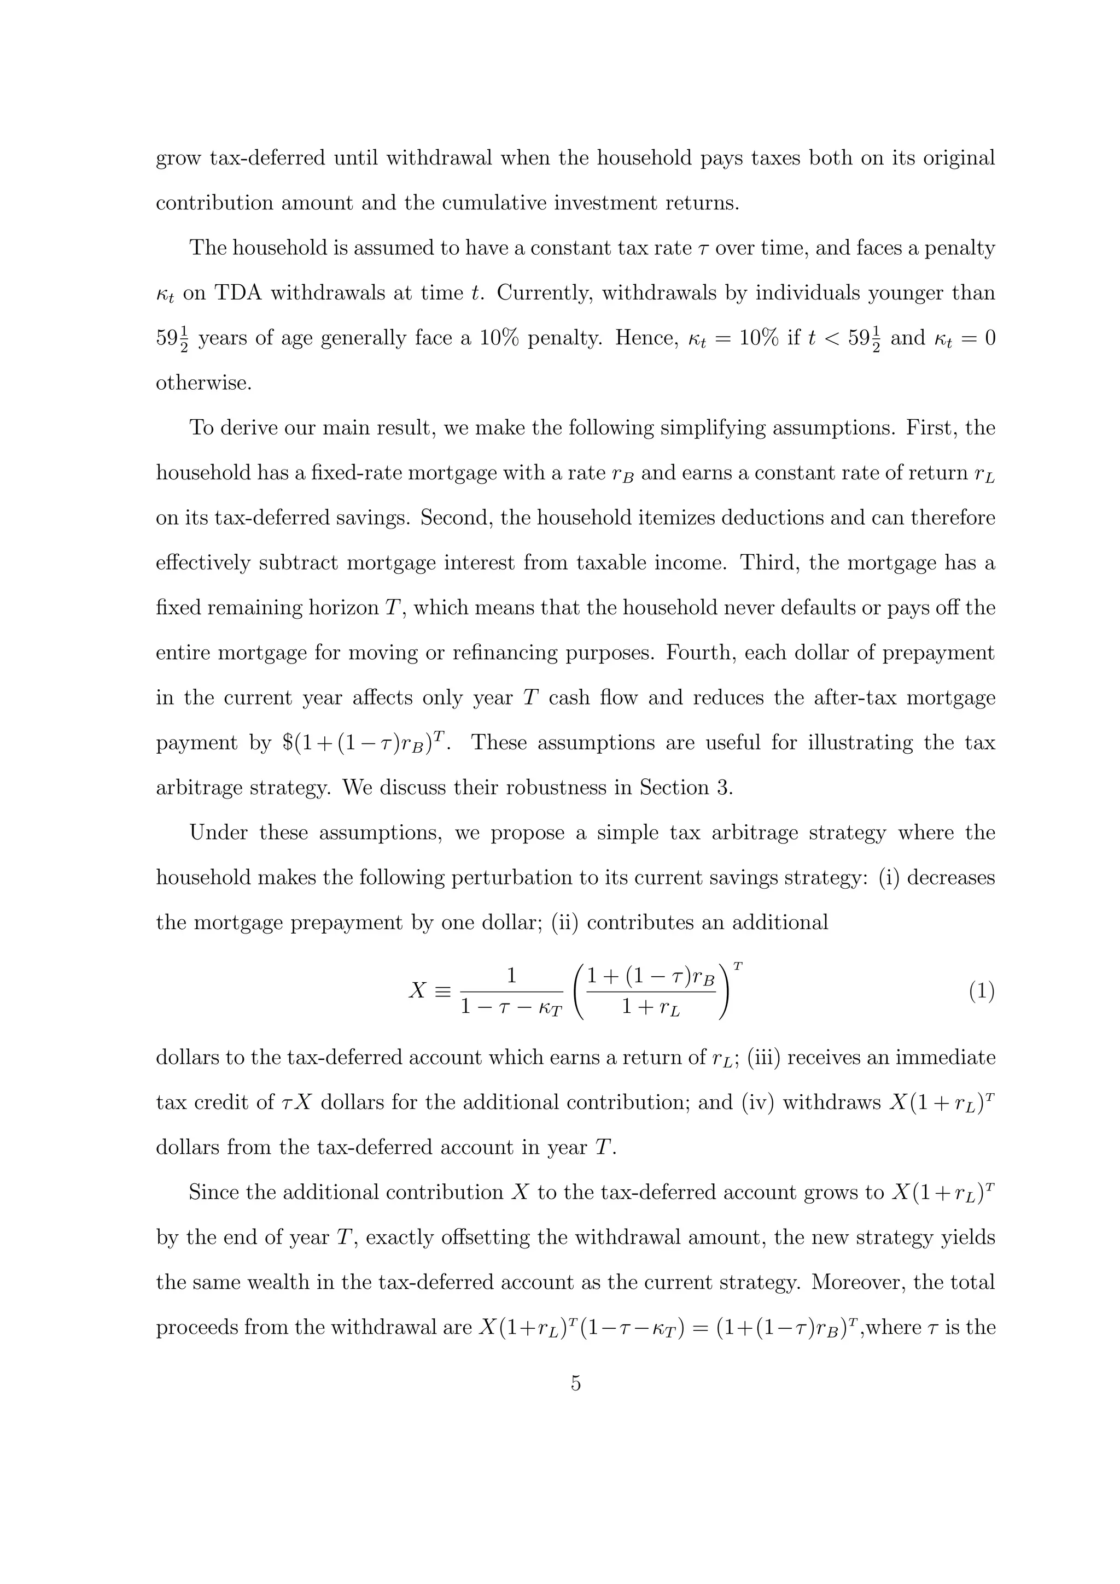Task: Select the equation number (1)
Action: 981,992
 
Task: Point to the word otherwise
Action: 203,383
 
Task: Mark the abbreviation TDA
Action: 239,293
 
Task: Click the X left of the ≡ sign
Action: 417,992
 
